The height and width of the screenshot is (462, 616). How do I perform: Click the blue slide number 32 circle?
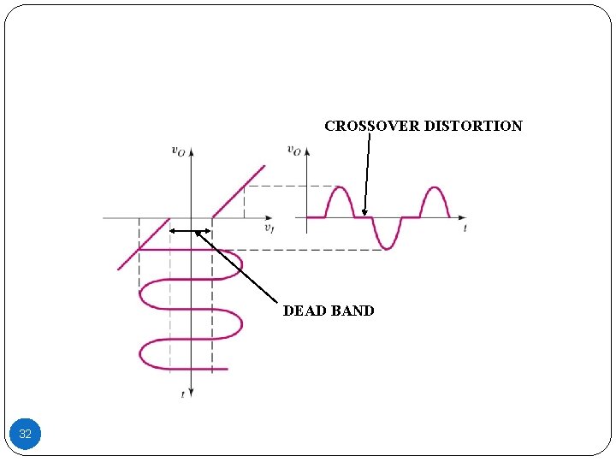tap(25, 435)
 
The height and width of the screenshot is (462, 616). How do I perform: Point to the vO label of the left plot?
tap(179, 151)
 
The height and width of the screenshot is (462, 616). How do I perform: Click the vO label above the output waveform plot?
tap(293, 151)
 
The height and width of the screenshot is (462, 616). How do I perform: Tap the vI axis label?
tap(269, 228)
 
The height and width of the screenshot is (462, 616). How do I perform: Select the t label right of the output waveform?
tap(465, 228)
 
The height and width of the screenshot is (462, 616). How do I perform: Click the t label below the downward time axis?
tap(182, 394)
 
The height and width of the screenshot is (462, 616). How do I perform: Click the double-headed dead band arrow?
tap(190, 231)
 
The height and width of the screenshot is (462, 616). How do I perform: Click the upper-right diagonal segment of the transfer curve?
tap(239, 191)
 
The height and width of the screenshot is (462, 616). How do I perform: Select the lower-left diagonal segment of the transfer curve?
tap(143, 244)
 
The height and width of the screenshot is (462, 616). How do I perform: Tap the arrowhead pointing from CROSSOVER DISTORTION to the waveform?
tap(364, 212)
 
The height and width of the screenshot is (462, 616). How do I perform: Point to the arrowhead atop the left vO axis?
tap(191, 151)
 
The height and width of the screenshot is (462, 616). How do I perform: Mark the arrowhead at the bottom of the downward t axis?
tap(191, 392)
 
